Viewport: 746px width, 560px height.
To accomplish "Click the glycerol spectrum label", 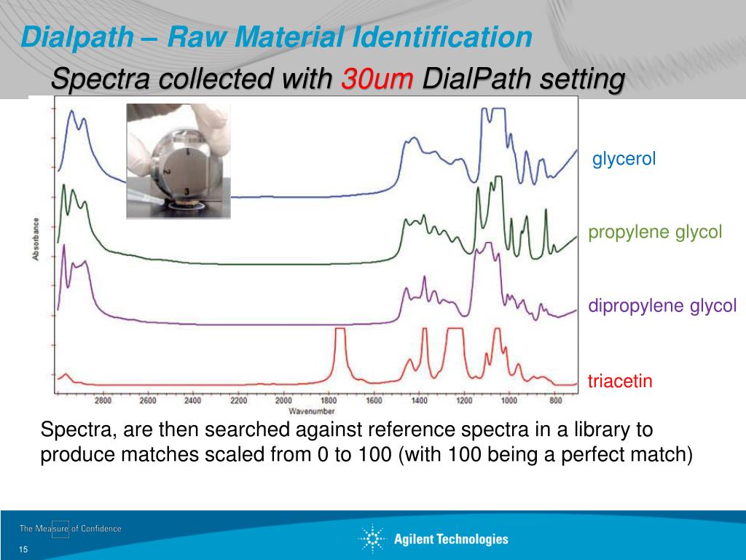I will point(624,159).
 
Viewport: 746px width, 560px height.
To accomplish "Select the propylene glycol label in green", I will point(655,233).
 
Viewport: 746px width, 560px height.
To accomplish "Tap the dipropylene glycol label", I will point(662,306).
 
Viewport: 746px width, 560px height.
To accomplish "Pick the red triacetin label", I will point(620,381).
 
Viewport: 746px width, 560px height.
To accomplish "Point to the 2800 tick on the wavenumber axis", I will point(103,401).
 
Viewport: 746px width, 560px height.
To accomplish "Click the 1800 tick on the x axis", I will point(328,401).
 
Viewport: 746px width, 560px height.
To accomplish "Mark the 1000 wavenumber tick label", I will point(509,401).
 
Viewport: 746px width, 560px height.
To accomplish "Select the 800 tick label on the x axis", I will point(555,401).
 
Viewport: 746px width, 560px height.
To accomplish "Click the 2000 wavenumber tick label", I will point(283,401).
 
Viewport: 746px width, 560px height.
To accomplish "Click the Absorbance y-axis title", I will point(35,239).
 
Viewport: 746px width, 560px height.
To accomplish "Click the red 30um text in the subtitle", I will point(378,78).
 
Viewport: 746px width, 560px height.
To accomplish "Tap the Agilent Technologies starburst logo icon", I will point(372,539).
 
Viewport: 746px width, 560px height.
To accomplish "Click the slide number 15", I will point(23,549).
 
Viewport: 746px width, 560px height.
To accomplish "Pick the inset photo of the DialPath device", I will point(178,161).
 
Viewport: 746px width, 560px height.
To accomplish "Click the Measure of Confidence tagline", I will point(71,529).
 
